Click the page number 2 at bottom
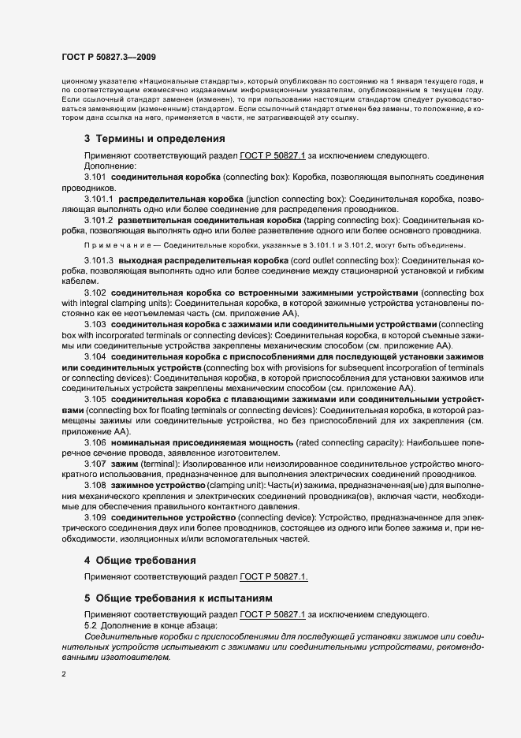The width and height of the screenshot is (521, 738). click(63, 675)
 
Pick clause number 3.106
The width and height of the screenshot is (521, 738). click(95, 444)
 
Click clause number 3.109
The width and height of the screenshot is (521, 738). click(95, 517)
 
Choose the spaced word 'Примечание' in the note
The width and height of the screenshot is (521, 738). click(112, 245)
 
